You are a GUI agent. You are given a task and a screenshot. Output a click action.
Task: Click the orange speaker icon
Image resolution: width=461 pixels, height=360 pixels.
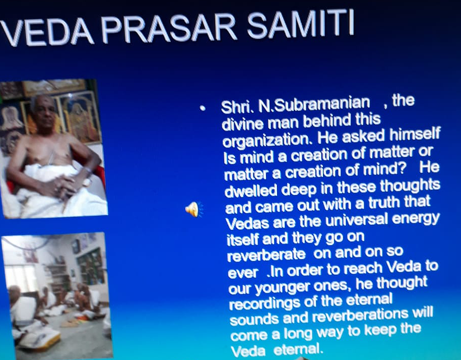(194, 209)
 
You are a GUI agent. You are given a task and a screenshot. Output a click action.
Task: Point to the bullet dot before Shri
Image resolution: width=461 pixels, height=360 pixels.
(202, 108)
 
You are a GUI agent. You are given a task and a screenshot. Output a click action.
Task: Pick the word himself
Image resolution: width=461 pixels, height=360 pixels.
(415, 135)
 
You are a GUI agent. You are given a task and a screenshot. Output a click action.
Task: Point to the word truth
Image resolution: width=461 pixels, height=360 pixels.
(384, 204)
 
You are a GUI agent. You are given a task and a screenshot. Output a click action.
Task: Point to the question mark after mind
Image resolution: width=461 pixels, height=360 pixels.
(403, 169)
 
